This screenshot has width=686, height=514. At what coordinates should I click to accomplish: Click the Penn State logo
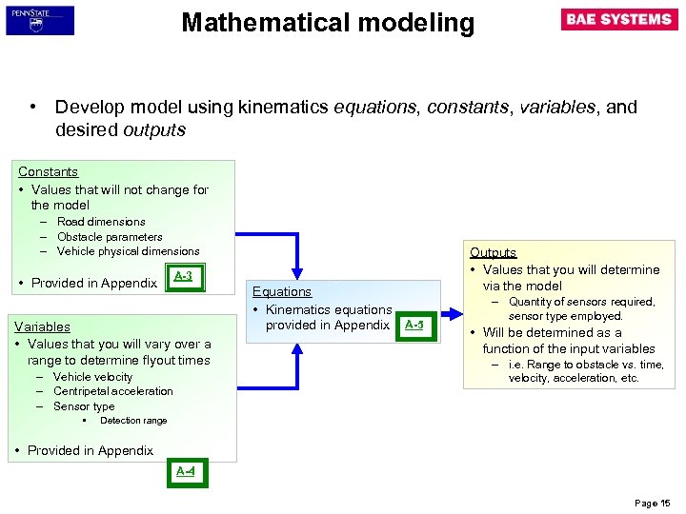(39, 20)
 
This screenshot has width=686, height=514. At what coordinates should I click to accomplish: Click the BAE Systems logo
(619, 20)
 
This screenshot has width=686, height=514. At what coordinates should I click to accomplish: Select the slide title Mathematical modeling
(328, 23)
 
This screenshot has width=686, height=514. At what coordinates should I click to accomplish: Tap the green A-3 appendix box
(183, 277)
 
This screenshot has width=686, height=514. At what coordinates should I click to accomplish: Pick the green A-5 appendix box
(414, 326)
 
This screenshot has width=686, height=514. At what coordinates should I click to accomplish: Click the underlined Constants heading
(48, 172)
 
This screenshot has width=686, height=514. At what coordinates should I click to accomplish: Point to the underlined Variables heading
(42, 326)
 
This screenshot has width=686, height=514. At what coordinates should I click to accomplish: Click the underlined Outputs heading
(493, 252)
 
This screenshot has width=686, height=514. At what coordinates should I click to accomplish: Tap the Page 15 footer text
(653, 502)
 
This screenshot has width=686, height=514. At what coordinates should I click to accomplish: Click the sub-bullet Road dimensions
(101, 222)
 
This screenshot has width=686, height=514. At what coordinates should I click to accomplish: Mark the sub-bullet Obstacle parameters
(110, 237)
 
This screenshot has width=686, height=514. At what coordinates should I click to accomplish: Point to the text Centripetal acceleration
(113, 391)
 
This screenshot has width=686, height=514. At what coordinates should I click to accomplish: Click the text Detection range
(133, 421)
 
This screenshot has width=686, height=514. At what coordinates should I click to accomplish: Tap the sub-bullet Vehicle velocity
(93, 377)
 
